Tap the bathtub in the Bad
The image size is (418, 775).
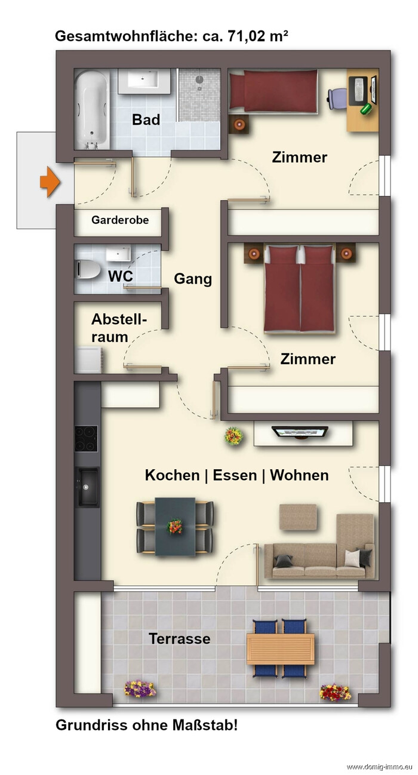coord(93,110)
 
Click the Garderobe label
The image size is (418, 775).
coord(120,220)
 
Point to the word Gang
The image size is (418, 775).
coord(193,279)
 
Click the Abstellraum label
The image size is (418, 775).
coord(119,328)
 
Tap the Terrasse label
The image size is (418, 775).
coord(179,638)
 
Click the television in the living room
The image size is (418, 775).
coord(300,432)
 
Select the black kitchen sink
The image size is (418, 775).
coord(87,487)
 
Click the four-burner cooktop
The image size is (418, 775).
coord(86,439)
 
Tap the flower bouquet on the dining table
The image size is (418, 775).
coord(175,526)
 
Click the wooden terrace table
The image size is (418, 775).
coord(280,648)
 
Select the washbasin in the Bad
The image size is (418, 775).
coord(144,81)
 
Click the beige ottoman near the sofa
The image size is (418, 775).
coord(298,517)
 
